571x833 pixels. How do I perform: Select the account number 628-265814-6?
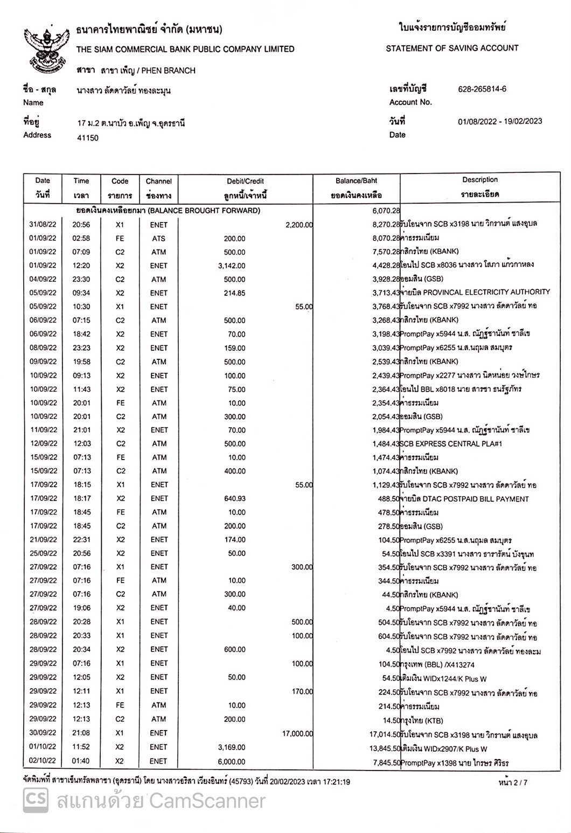(x=482, y=89)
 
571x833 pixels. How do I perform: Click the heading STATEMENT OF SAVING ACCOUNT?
(x=452, y=48)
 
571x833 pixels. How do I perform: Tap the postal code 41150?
(x=88, y=138)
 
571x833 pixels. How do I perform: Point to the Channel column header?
(x=158, y=188)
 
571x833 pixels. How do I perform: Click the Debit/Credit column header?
(x=245, y=188)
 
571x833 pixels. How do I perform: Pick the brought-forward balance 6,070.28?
(x=383, y=211)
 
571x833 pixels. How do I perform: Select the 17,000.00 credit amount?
(x=297, y=733)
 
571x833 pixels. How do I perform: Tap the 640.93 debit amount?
(x=234, y=499)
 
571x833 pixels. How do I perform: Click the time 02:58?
(x=81, y=238)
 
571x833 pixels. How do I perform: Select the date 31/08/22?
(x=43, y=225)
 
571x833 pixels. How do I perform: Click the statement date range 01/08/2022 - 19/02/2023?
(x=500, y=121)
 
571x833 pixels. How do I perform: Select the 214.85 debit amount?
(x=234, y=293)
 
